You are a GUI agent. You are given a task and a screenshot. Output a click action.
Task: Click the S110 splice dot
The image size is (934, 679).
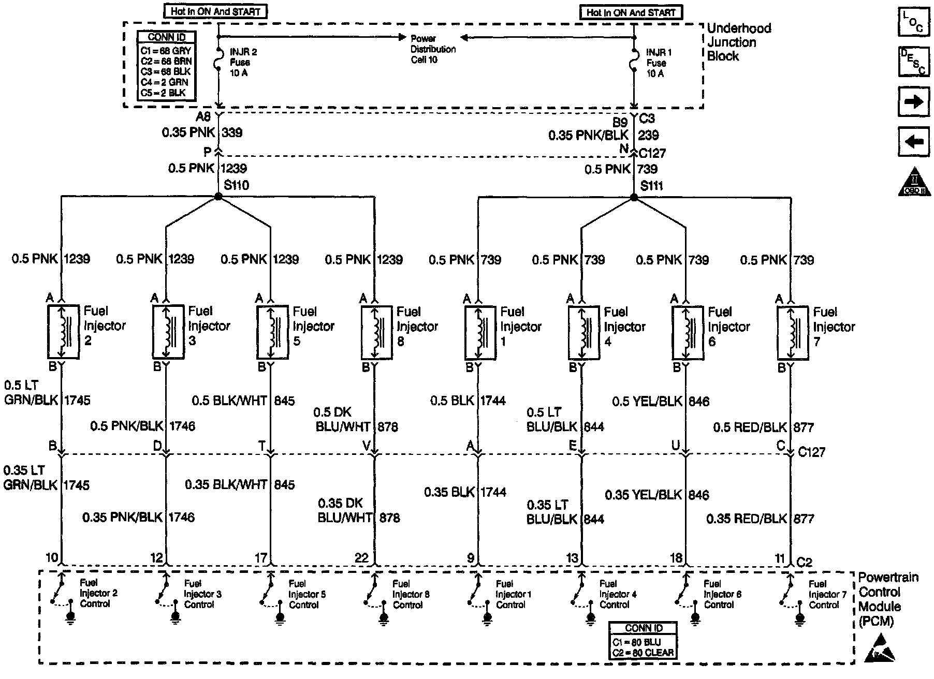pos(218,197)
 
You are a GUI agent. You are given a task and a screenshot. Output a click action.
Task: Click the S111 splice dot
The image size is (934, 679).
pos(634,197)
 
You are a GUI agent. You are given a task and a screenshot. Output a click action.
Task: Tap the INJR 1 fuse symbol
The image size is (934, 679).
pos(634,63)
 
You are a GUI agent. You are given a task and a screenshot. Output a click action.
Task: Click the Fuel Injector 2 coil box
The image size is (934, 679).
pos(63,331)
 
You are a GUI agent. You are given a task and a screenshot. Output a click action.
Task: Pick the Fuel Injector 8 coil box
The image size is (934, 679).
pos(376,332)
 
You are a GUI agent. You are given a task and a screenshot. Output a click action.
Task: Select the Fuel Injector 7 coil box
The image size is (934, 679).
pos(792,332)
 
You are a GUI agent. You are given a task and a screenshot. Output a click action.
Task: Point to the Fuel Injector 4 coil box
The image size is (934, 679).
pos(584,332)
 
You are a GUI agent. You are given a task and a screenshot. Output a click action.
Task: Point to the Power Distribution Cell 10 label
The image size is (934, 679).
pos(433,49)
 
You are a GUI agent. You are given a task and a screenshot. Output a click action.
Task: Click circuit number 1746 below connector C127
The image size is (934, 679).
pos(181,517)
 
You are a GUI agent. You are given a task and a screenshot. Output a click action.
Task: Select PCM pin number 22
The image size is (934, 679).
pos(361,557)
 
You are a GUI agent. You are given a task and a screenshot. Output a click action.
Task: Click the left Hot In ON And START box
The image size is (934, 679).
pos(215,11)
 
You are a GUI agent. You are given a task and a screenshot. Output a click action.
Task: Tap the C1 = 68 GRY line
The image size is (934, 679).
pos(166,51)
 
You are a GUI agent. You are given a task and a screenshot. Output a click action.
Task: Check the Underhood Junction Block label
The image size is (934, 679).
pos(739,42)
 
